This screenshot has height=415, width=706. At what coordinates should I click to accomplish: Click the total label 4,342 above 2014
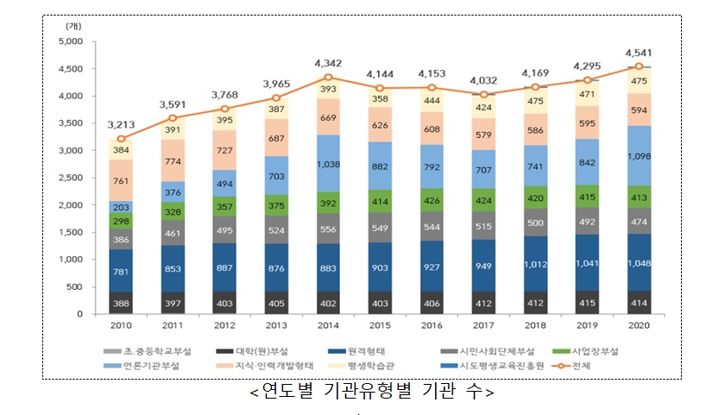pos(328,63)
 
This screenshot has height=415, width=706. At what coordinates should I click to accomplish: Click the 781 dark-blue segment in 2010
pos(121,272)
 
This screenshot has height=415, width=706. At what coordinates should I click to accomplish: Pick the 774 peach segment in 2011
pos(173,160)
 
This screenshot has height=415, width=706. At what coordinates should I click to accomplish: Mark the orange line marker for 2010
pos(121,139)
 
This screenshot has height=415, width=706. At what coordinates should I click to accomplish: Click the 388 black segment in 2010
pos(121,303)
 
